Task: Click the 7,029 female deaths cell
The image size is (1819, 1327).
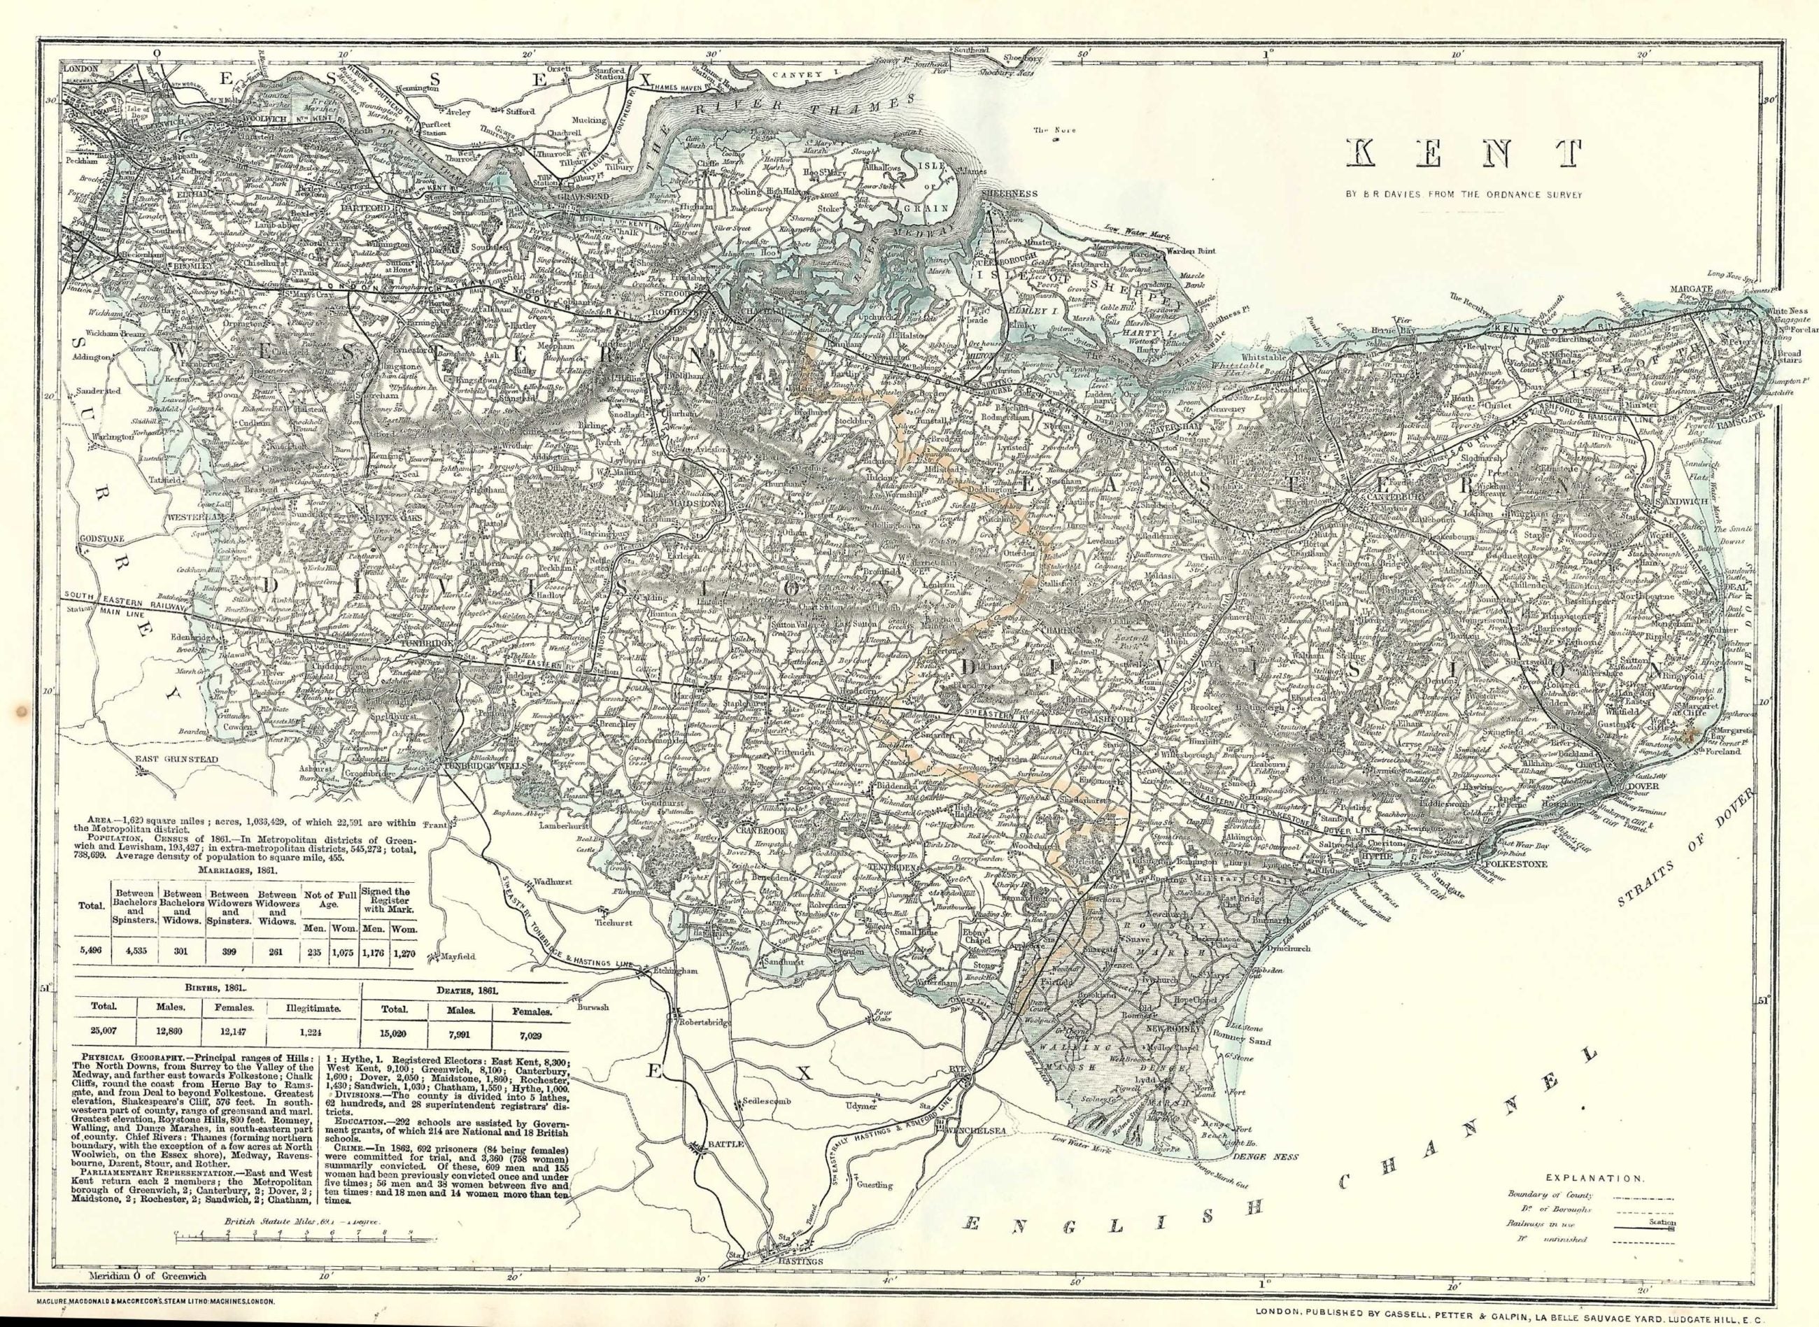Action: (x=528, y=1028)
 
